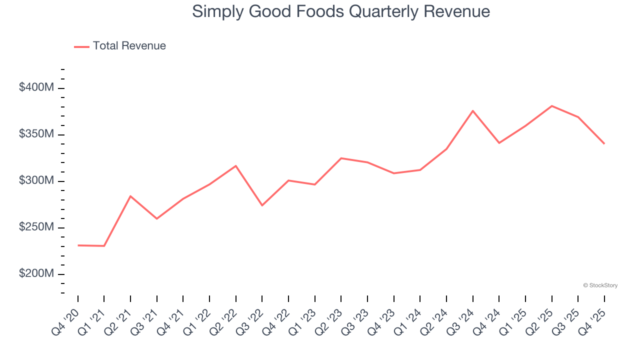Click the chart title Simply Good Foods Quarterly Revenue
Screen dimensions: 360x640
(x=341, y=11)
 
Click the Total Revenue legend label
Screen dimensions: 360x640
(x=129, y=46)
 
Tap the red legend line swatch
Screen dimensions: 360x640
(x=81, y=46)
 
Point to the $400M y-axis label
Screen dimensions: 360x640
(x=36, y=87)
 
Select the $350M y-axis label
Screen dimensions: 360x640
(x=36, y=134)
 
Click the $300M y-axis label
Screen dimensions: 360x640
(x=36, y=180)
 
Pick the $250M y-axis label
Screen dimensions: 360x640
(x=36, y=227)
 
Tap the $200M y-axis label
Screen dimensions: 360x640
(x=36, y=273)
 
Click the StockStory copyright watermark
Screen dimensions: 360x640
(x=600, y=285)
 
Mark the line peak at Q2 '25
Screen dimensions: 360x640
(x=551, y=106)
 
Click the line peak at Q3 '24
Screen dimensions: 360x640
(x=472, y=110)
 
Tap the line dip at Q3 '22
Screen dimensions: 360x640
(x=262, y=205)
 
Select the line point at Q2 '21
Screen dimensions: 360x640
(x=130, y=196)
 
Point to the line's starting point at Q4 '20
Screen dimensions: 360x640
(x=78, y=245)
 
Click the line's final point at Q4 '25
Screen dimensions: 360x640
(x=604, y=143)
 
